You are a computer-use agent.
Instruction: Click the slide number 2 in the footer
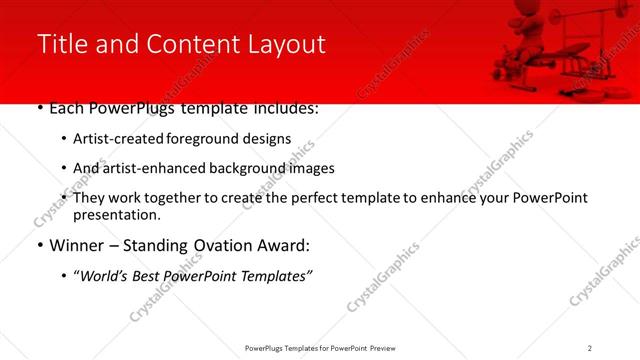point(590,347)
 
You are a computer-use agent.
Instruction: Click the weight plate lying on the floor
point(620,86)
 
